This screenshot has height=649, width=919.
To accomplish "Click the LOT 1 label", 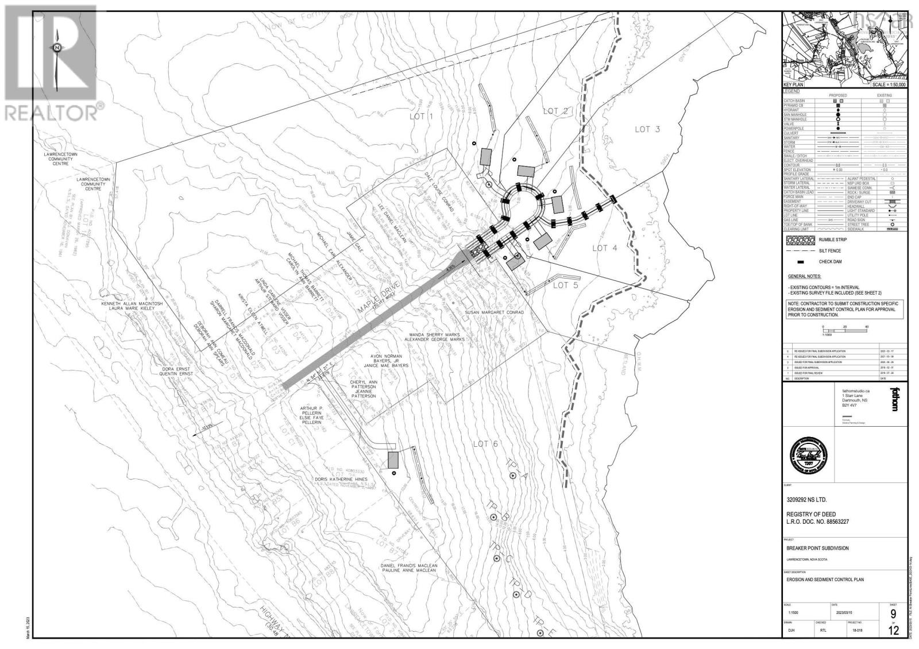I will tap(421, 117).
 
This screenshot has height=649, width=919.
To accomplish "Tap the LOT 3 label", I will tap(647, 129).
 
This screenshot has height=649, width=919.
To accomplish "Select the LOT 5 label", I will tap(565, 285).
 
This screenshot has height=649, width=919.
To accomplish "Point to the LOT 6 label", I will tap(485, 443).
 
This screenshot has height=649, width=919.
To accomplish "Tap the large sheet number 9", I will tap(893, 616).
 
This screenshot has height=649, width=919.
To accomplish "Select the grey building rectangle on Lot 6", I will tap(393, 459).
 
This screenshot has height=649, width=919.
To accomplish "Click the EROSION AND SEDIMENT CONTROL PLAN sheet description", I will tap(825, 580).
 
